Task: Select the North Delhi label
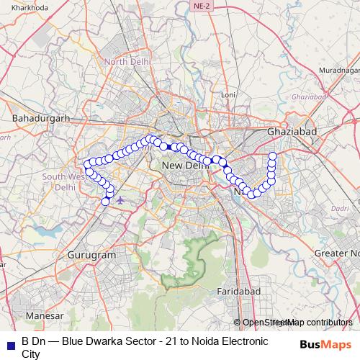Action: pos(127,62)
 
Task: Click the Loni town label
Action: pos(228,94)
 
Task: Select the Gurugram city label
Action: pos(91,255)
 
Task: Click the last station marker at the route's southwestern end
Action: pos(105,202)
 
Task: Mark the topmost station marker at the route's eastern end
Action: pos(273,156)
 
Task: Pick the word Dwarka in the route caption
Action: pos(108,341)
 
